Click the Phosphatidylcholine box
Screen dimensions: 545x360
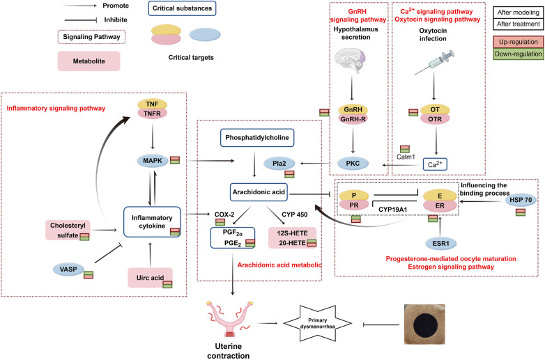[257, 137]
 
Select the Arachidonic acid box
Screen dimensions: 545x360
[259, 192]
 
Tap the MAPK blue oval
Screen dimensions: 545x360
[153, 161]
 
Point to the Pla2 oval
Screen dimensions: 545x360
[279, 163]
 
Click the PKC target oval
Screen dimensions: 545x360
[353, 163]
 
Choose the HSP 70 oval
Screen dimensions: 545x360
[521, 200]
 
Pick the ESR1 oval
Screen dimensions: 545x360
[440, 243]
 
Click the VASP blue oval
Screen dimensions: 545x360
[68, 269]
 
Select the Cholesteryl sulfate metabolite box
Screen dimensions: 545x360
[68, 230]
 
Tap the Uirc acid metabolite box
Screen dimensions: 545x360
[150, 278]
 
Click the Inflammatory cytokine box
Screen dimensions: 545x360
[152, 222]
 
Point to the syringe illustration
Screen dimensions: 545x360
[434, 63]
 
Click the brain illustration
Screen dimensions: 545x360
[351, 61]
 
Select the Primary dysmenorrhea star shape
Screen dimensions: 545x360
[318, 324]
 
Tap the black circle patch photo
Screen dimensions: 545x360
[424, 324]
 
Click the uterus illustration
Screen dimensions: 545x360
[229, 319]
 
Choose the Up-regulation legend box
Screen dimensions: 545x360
[519, 42]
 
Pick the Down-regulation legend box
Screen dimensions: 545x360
[519, 54]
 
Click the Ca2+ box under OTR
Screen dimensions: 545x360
[435, 164]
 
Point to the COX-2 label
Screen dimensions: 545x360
[224, 214]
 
